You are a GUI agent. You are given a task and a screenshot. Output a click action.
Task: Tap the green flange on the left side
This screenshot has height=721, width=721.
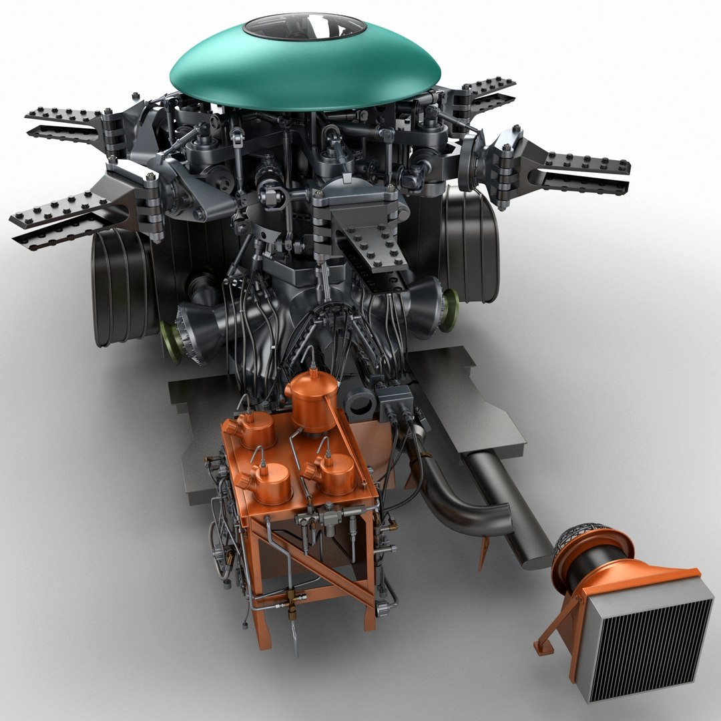point(172,342)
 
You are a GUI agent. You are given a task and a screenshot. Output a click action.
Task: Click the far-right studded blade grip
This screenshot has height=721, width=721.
point(581,170)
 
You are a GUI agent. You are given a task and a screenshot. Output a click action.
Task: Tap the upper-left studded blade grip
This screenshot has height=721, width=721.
point(67,120)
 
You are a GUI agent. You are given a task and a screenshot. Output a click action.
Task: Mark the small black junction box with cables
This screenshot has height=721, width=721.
point(395,404)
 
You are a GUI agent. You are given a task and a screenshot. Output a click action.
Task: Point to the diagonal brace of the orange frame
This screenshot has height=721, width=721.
point(314,567)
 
